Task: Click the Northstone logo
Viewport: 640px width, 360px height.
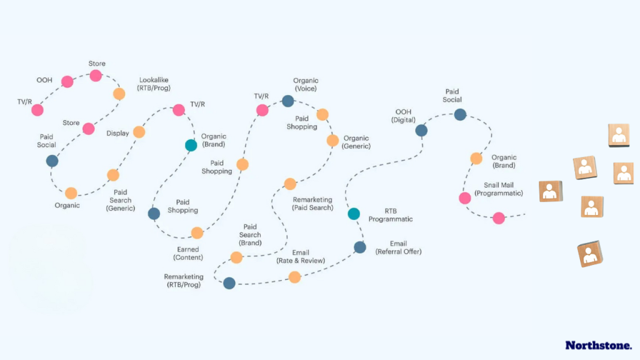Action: click(598, 345)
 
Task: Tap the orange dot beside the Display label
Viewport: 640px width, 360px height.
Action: click(139, 132)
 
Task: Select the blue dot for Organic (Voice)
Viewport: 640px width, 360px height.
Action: click(287, 101)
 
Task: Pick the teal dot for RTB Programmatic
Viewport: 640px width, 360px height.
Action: click(354, 214)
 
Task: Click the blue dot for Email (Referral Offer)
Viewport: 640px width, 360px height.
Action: click(360, 247)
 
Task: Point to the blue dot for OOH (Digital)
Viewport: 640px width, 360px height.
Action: click(421, 131)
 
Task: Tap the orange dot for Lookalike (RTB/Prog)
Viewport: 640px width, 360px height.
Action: click(119, 94)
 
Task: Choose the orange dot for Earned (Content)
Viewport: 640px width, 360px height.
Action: click(197, 233)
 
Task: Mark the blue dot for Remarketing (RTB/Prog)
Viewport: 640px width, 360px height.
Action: click(229, 283)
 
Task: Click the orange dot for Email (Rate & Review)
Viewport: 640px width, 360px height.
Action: click(294, 277)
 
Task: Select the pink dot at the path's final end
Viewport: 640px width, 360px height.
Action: click(498, 218)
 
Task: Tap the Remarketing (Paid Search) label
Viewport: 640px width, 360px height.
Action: click(313, 204)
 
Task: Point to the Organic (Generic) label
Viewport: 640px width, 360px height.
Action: click(356, 142)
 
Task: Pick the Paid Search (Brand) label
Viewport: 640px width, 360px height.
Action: click(250, 234)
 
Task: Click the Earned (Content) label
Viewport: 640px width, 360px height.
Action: click(187, 253)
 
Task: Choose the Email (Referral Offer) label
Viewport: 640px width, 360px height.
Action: click(398, 247)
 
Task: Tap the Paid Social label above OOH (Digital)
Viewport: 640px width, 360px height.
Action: click(452, 96)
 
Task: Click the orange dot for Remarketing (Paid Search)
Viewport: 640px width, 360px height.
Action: click(290, 184)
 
